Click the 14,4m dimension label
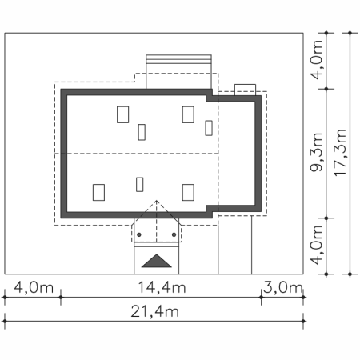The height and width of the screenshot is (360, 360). [162, 288]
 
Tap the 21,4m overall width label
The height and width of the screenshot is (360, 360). [154, 312]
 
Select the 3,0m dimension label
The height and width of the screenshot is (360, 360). [283, 288]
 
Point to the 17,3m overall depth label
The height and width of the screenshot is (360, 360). [340, 152]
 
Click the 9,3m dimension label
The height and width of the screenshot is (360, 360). [316, 152]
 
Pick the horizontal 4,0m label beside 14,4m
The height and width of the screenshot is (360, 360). [34, 288]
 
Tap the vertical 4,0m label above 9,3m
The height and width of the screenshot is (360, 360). [316, 60]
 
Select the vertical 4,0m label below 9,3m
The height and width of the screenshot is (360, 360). [316, 245]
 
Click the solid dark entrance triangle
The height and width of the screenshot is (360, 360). [156, 261]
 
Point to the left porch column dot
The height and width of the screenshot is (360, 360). [139, 234]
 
